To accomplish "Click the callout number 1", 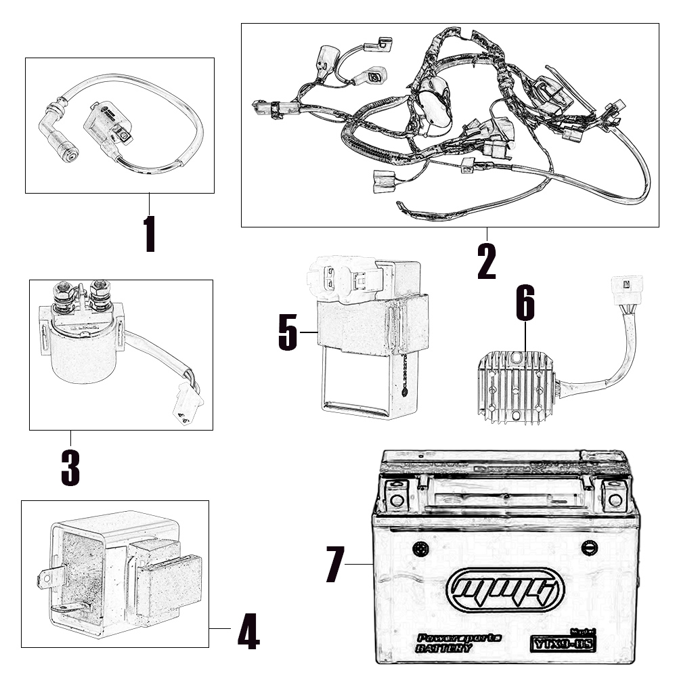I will click(x=150, y=234).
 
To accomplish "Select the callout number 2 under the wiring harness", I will click(x=486, y=261).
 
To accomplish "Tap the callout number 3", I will click(x=70, y=467).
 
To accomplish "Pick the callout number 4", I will click(x=248, y=632).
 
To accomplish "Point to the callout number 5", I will click(x=288, y=332).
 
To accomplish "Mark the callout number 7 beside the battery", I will click(x=336, y=564).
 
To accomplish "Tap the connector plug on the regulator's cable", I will click(x=626, y=288).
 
